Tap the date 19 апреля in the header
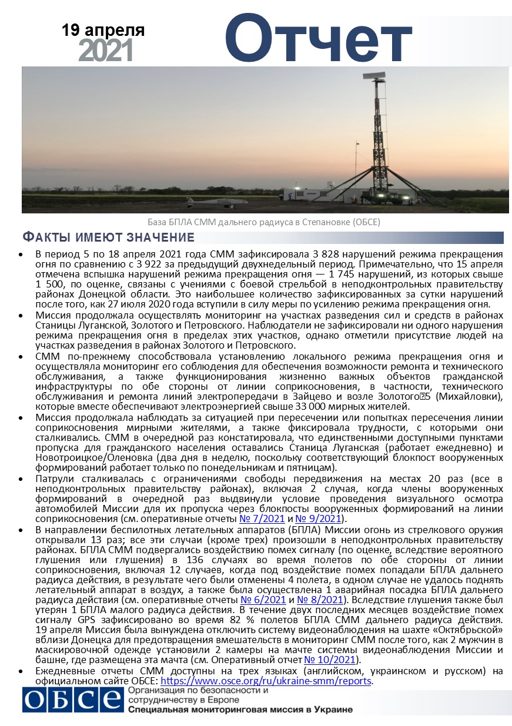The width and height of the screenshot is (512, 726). [x=103, y=30]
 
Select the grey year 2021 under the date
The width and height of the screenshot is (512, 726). [x=106, y=52]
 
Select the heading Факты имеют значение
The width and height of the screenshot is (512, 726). [x=108, y=238]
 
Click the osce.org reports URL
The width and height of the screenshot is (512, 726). [x=270, y=681]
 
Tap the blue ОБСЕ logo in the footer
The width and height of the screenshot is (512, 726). [x=72, y=700]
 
